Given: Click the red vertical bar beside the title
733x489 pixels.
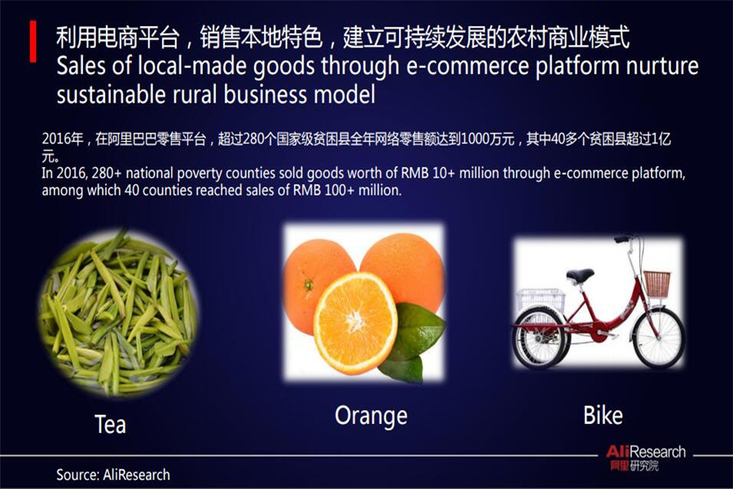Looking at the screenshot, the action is tap(33, 42).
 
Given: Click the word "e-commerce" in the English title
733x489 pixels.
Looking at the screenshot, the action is tap(467, 66).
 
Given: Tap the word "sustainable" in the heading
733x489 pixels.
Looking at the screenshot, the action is tap(111, 95).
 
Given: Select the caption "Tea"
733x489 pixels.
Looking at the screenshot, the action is tap(110, 424).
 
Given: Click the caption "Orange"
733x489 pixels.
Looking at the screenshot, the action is tap(371, 416).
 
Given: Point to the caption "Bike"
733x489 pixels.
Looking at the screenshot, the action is tap(603, 415).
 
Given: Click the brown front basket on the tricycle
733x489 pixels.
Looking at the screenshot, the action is tap(656, 283).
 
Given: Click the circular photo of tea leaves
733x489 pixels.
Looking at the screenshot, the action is tap(118, 313).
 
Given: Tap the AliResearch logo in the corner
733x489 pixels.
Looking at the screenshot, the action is tap(646, 457).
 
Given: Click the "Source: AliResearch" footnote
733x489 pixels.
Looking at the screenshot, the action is tap(113, 474).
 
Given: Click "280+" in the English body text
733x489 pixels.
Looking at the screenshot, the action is tap(107, 173).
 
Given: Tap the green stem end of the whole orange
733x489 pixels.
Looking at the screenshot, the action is tap(309, 284).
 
